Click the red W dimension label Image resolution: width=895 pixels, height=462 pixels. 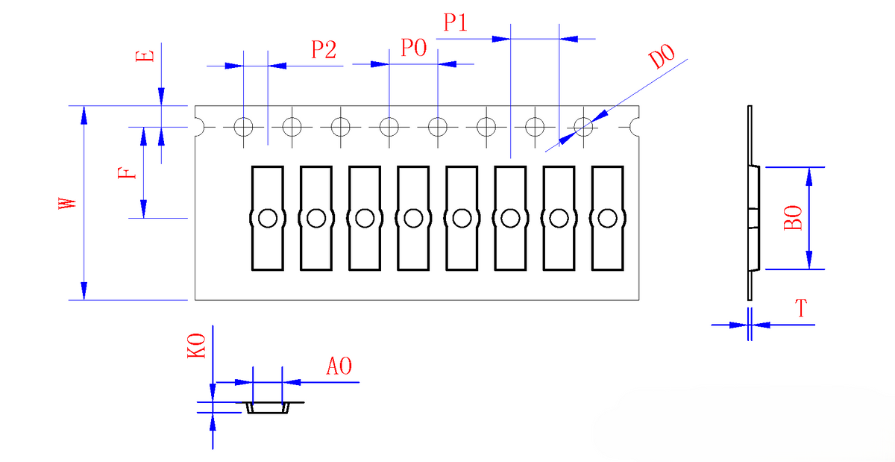[x=68, y=203]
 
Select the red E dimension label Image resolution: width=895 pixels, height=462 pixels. [x=145, y=55]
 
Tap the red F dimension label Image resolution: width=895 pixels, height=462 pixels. [x=127, y=173]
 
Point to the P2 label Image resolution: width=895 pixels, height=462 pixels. [x=324, y=49]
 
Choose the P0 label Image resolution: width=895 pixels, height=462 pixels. [x=414, y=48]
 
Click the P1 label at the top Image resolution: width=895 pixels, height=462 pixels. [x=456, y=22]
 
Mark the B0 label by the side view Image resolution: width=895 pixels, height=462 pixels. [x=793, y=218]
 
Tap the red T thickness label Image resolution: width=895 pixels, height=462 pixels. [x=801, y=308]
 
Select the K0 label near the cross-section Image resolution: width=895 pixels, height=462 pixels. [x=197, y=346]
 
